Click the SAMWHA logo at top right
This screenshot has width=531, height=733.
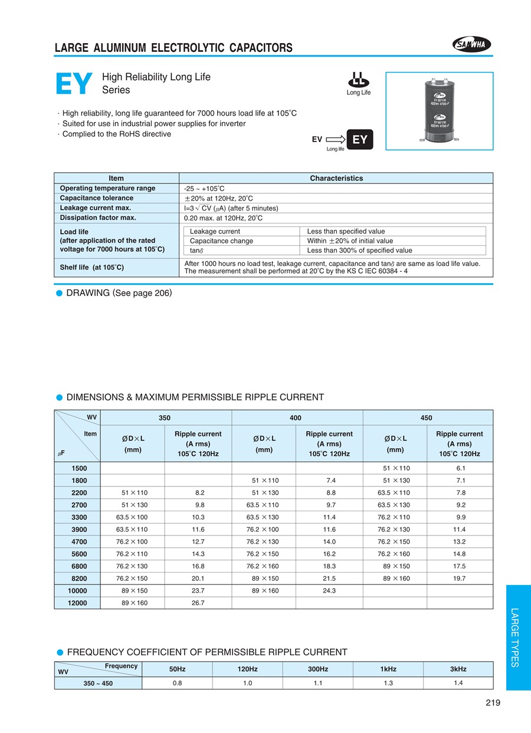[x=471, y=44]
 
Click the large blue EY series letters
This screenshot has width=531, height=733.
[x=74, y=84]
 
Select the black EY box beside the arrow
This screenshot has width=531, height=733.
[x=359, y=140]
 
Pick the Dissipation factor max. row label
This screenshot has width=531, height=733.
[x=98, y=218]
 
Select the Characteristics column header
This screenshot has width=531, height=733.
[x=336, y=178]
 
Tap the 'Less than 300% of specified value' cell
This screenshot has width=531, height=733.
[x=359, y=250]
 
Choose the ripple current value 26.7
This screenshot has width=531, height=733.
[x=198, y=603]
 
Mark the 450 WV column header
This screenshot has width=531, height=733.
[x=426, y=418]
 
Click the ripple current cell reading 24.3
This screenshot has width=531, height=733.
[x=329, y=590]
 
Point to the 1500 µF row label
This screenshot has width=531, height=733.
[x=79, y=468]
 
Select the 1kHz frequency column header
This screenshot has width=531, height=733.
[x=388, y=669]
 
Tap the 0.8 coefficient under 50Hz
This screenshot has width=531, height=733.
[x=177, y=683]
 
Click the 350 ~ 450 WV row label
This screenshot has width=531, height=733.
[x=98, y=683]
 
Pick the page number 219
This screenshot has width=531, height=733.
[x=493, y=702]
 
